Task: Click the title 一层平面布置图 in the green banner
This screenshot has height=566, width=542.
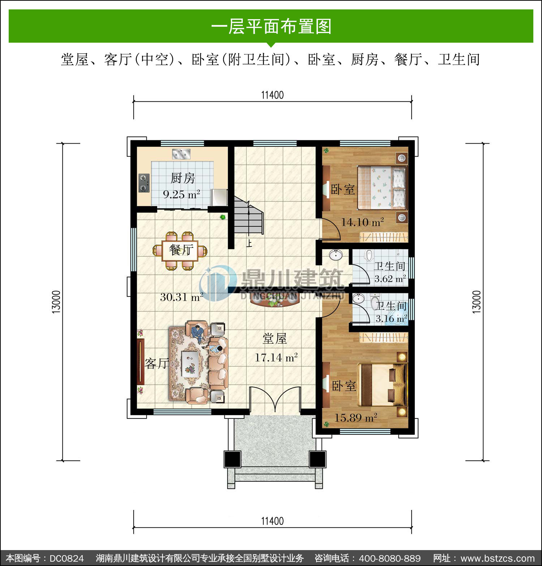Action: click(271, 26)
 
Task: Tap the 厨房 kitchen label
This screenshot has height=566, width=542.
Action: click(183, 178)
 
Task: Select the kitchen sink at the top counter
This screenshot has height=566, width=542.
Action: click(181, 154)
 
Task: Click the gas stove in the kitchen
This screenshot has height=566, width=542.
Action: click(144, 183)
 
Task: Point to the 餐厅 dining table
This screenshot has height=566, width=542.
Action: click(180, 251)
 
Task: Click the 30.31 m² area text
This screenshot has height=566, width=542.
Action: click(182, 297)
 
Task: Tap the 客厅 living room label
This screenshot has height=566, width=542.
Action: click(157, 363)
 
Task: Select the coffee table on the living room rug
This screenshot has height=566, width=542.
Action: click(190, 364)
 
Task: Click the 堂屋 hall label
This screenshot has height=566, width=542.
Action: click(275, 339)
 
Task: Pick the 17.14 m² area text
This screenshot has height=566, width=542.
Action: click(276, 357)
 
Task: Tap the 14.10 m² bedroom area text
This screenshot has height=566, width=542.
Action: click(362, 222)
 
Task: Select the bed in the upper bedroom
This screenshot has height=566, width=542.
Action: click(382, 187)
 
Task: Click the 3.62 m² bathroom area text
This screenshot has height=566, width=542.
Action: click(390, 278)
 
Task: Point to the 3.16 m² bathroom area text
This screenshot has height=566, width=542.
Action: click(391, 318)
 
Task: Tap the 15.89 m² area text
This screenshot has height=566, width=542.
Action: click(356, 418)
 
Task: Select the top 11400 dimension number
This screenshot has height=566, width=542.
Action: click(272, 95)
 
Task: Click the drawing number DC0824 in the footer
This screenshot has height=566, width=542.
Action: click(66, 558)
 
